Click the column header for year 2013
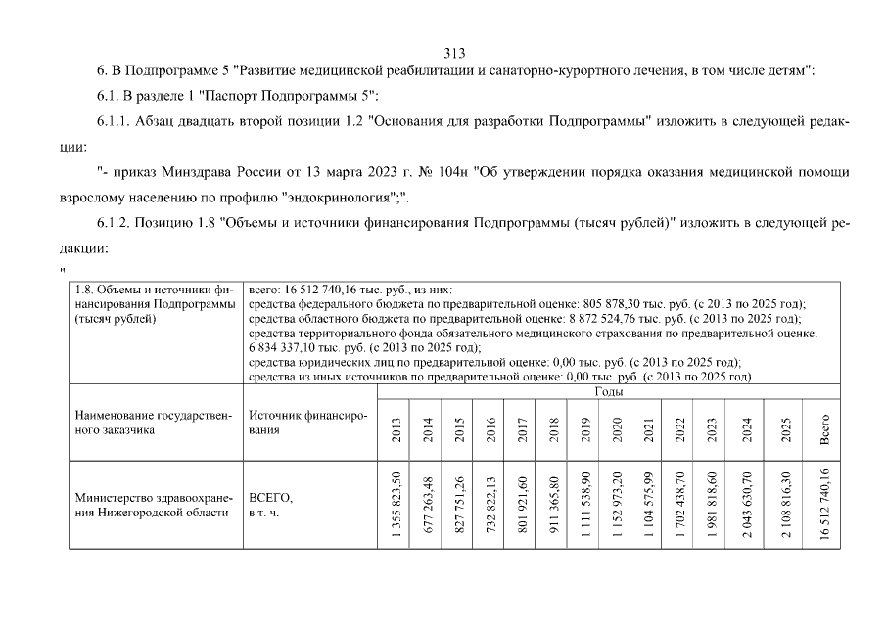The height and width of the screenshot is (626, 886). coord(396,429)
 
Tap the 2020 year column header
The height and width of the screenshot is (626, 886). coord(617,429)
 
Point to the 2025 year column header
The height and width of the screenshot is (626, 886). coord(787,429)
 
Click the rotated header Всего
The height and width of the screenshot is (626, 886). coord(824,429)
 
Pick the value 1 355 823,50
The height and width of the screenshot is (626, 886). coord(396,505)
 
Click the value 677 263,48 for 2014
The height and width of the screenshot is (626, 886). coord(427,505)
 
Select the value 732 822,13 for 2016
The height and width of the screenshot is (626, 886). coord(490,505)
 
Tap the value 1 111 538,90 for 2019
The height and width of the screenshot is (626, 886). coord(585,505)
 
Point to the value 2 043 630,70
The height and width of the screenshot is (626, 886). coord(747,505)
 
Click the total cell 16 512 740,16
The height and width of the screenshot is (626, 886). coord(824,505)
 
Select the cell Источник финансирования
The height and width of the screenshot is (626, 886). coord(307,423)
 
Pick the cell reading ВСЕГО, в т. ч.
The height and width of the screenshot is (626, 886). coord(271,505)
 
